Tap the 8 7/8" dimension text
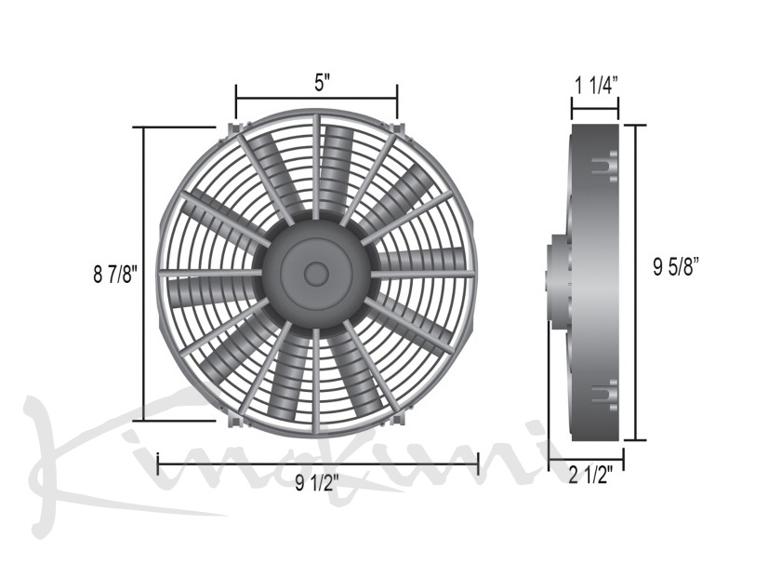114,275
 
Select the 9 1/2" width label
317,483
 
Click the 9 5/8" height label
676,267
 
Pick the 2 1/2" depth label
590,476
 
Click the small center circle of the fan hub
316,274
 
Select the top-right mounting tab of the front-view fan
398,128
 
